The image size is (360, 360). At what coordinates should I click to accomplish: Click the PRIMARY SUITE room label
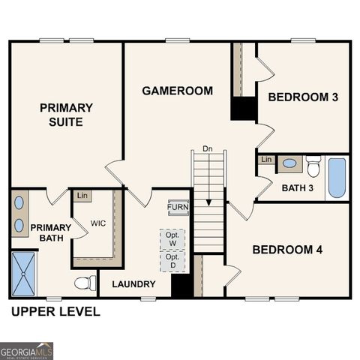pos(67,115)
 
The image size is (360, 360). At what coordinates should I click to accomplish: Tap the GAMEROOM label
pos(178,91)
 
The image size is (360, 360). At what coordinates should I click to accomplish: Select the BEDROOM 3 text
pos(298,97)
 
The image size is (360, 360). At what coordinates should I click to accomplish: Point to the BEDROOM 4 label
pos(287,249)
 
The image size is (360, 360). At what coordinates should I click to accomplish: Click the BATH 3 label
pos(298,187)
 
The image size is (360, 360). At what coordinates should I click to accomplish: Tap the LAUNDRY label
pos(133,284)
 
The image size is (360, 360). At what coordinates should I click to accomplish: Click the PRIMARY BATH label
pos(50,233)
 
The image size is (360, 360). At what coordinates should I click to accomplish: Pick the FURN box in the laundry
pos(178,207)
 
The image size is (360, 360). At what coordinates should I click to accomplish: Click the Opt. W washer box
pos(172,238)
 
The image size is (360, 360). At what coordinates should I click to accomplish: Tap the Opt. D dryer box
pos(172,260)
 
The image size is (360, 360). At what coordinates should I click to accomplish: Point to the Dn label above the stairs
pos(208,149)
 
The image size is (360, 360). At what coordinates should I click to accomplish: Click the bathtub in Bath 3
pos(338,177)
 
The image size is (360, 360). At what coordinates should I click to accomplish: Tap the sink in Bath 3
pos(289,163)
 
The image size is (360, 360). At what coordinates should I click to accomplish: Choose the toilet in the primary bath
pos(86,283)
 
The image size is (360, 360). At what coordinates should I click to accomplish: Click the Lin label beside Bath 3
pos(266,160)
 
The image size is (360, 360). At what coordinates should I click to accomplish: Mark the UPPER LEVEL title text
pos(55,312)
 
